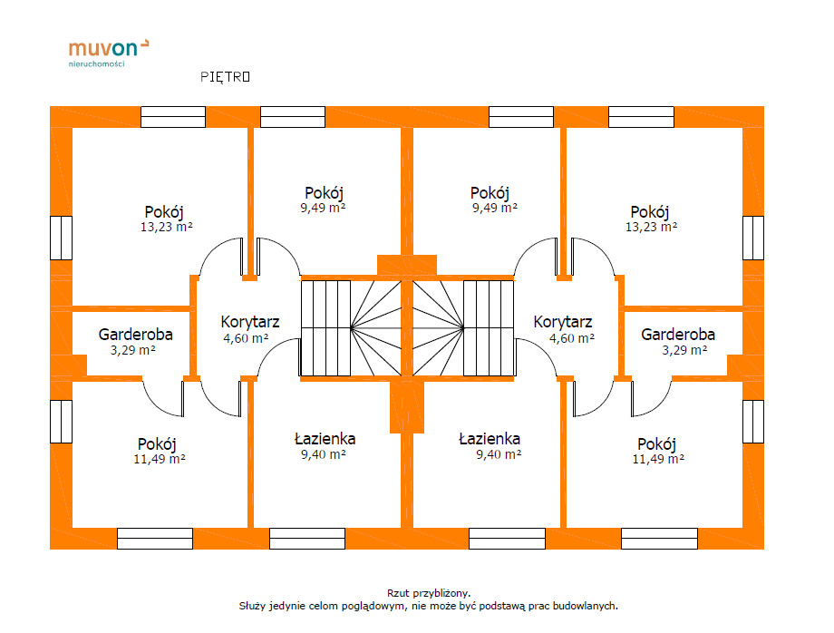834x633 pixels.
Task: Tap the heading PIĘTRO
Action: (225, 77)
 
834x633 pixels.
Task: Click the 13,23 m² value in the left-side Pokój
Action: (166, 228)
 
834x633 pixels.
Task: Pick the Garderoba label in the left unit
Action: (136, 335)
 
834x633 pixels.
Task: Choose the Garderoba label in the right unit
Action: (678, 335)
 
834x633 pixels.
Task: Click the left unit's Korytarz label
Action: (250, 322)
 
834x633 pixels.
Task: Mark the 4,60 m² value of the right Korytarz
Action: (571, 337)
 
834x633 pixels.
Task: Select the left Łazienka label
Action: (325, 439)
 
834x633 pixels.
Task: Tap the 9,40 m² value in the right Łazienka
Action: (499, 454)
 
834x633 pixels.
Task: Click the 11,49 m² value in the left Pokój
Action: (160, 459)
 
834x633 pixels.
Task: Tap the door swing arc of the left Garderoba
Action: (163, 399)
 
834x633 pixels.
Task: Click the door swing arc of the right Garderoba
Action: (650, 399)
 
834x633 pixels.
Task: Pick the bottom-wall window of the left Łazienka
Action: (307, 539)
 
